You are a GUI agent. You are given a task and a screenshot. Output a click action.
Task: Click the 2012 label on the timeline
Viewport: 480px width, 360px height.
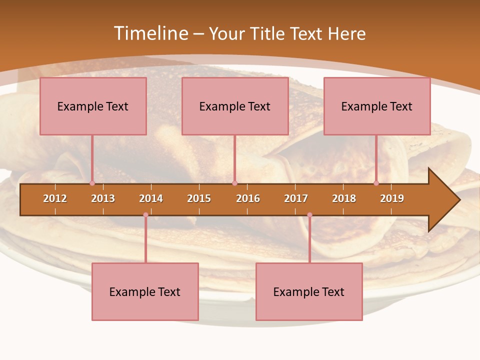click(55, 198)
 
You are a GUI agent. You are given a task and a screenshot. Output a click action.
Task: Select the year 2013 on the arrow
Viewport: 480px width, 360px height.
click(103, 198)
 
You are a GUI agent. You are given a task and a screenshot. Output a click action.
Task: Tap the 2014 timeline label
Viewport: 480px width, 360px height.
click(151, 198)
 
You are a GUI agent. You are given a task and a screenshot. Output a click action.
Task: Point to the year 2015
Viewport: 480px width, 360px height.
click(199, 198)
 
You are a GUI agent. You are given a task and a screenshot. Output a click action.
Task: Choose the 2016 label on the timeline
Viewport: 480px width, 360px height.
click(248, 198)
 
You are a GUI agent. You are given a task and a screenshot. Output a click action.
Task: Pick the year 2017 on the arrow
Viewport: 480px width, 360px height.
click(296, 198)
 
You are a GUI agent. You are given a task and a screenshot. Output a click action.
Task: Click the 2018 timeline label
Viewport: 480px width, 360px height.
click(344, 198)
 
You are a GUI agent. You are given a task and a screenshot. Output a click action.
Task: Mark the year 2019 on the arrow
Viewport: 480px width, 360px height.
click(392, 198)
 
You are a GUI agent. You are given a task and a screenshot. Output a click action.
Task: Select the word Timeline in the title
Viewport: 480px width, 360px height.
click(150, 33)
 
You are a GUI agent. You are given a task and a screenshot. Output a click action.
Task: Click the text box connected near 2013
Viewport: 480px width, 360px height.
click(93, 106)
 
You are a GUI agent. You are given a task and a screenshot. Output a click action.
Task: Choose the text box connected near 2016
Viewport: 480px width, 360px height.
click(235, 106)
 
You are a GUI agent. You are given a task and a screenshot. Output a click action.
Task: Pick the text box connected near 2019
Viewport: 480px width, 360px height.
click(377, 106)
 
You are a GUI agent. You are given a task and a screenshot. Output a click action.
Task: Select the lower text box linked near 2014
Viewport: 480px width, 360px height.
click(145, 291)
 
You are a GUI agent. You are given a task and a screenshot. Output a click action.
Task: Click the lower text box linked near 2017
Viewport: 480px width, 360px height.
click(309, 291)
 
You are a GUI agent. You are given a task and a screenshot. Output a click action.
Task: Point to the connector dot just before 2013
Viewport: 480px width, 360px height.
click(92, 183)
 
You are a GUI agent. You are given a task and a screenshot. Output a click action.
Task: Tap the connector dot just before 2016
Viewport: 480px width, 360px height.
click(234, 183)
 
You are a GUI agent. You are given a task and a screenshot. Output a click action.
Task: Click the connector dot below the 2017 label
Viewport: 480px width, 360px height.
click(309, 215)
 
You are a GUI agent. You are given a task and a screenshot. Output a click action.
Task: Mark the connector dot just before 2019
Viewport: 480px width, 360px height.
click(376, 183)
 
